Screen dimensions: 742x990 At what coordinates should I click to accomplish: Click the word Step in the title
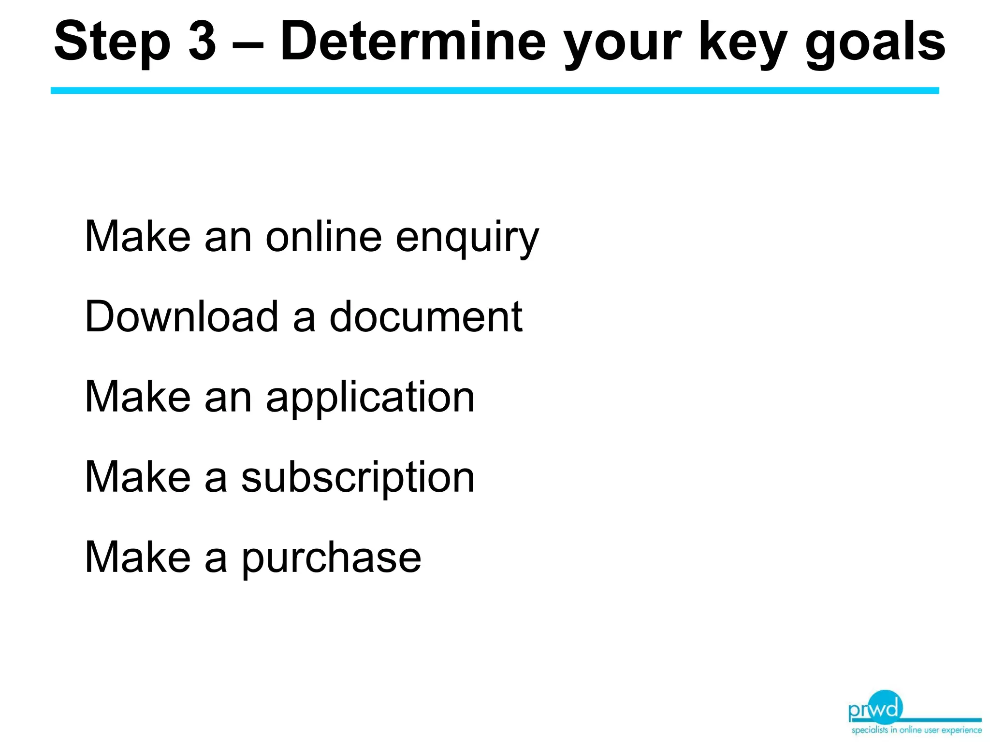112,43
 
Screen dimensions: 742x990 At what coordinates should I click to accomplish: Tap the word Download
182,317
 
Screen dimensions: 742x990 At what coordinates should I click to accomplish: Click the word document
426,317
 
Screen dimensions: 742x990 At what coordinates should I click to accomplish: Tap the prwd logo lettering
875,709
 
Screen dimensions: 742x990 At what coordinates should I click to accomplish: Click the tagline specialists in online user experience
917,730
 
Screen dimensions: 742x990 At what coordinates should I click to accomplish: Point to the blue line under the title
495,91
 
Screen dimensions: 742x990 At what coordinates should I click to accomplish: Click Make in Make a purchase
138,557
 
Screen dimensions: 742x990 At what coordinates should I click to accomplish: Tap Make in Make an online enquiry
138,237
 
